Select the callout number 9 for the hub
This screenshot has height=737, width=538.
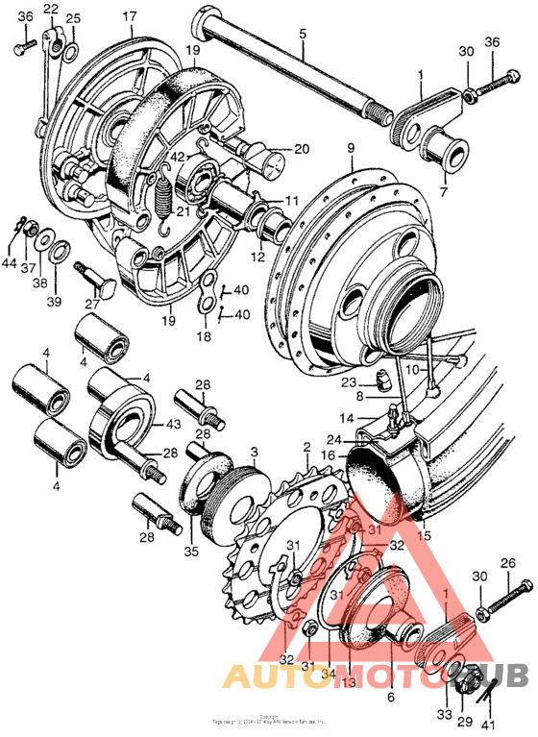[351, 147]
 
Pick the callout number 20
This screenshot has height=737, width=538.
[302, 149]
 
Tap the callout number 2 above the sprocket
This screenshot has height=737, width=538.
[306, 448]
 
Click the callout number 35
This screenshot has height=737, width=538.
[191, 552]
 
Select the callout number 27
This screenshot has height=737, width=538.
[93, 305]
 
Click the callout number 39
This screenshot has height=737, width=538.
[54, 302]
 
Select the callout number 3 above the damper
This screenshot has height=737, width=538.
[254, 451]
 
